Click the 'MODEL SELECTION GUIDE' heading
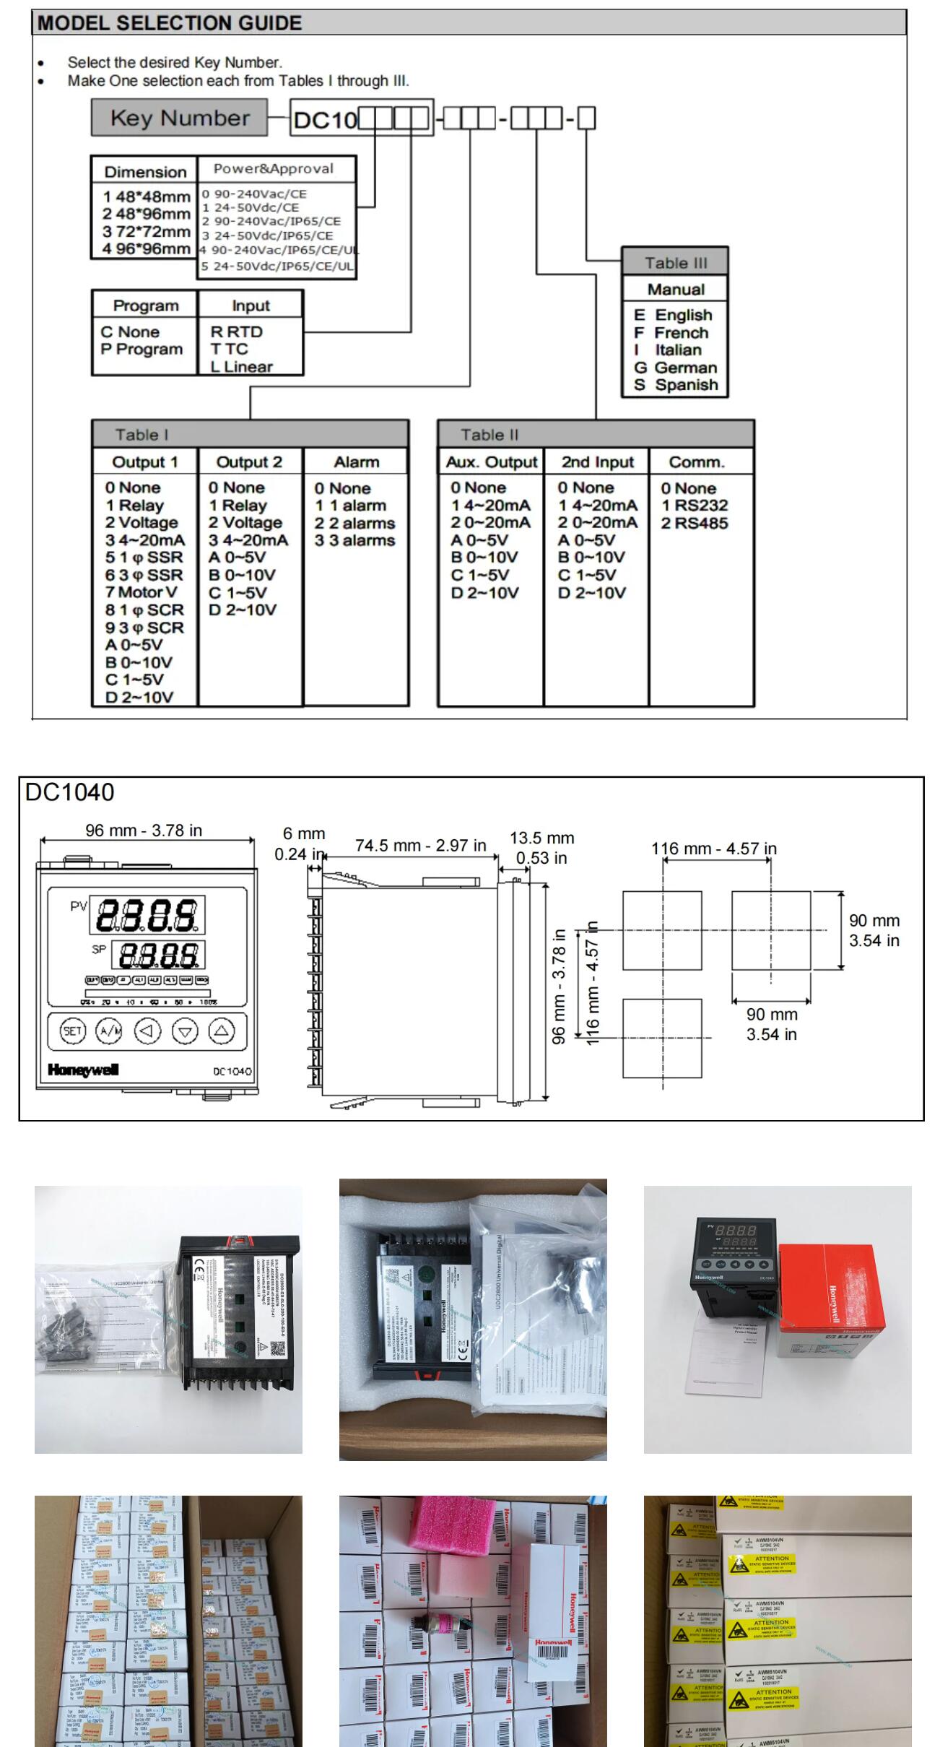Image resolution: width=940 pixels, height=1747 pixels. [x=170, y=23]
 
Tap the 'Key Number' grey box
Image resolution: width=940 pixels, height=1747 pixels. [x=179, y=118]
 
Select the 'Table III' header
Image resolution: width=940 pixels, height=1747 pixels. [x=675, y=263]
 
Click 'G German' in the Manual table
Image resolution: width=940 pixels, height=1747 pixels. [x=676, y=368]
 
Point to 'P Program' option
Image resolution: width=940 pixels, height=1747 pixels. [x=142, y=350]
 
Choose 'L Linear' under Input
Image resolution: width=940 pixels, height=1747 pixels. [x=242, y=367]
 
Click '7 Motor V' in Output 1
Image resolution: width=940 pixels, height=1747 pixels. [x=142, y=592]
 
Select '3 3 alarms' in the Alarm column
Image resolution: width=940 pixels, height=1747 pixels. [x=355, y=541]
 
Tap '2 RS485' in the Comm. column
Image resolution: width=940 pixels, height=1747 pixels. [x=695, y=523]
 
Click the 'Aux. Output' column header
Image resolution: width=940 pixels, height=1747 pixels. [x=491, y=462]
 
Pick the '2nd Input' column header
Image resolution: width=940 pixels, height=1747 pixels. [x=597, y=462]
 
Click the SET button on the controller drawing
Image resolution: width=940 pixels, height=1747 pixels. [x=71, y=1031]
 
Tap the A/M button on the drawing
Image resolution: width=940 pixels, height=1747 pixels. [x=110, y=1031]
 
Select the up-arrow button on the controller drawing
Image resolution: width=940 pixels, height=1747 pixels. [x=222, y=1031]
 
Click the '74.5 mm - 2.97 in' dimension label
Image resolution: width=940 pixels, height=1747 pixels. [x=420, y=846]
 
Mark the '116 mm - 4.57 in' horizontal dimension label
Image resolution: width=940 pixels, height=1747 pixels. [x=714, y=849]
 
